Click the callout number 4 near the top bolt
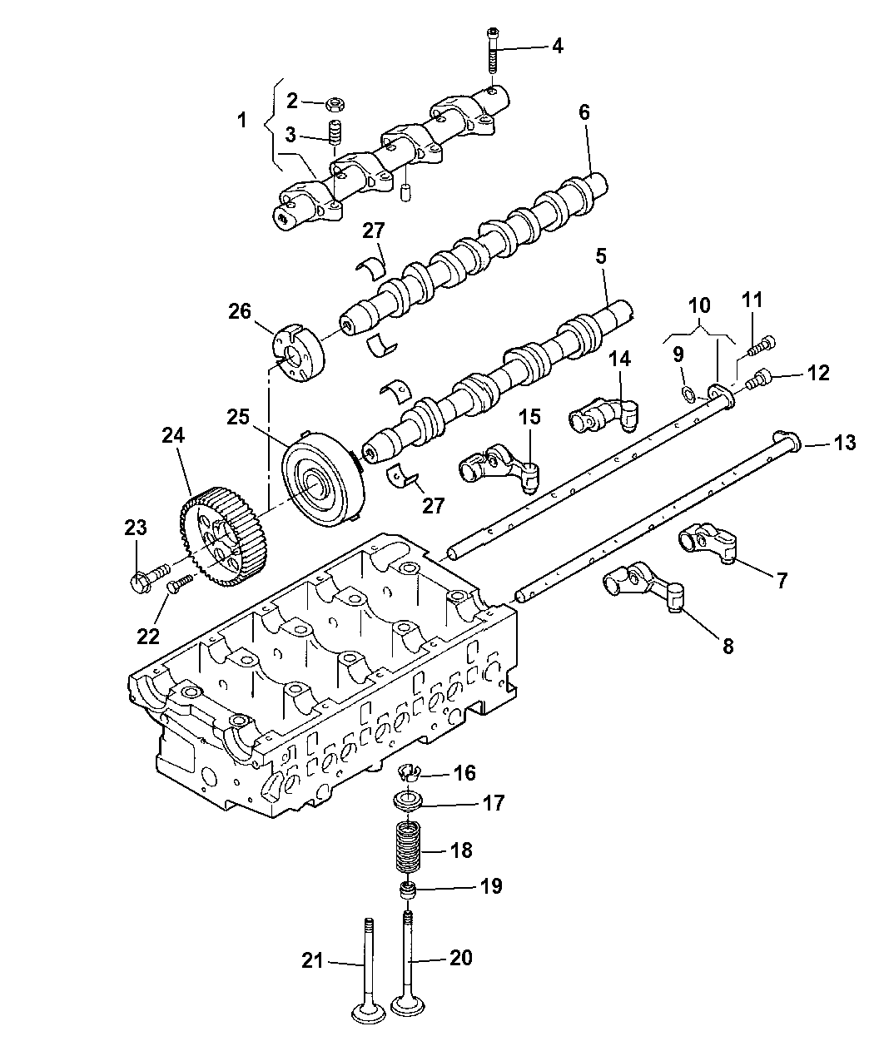(556, 46)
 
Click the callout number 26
(241, 312)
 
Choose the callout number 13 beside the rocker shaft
(844, 444)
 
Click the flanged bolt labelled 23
(146, 578)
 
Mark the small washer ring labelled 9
(686, 393)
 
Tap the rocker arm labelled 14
(603, 413)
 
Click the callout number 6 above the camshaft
(584, 112)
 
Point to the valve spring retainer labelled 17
(408, 802)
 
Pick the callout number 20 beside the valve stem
(460, 958)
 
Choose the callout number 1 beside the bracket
(241, 121)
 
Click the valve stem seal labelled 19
(408, 892)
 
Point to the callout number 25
(239, 416)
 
